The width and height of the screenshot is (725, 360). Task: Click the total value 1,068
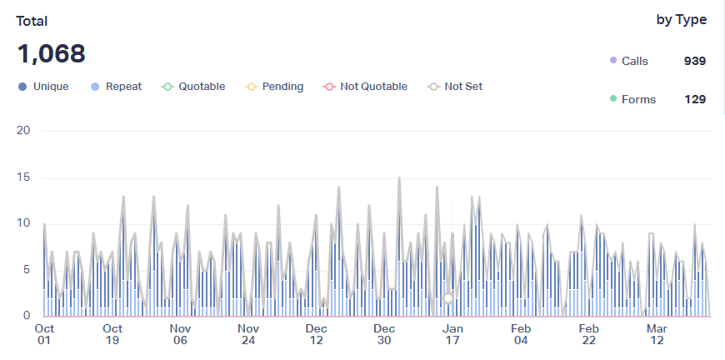click(x=51, y=54)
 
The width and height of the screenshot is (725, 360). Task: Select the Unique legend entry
click(x=43, y=87)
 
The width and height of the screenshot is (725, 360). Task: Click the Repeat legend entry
click(x=116, y=87)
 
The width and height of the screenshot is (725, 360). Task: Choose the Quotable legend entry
click(x=193, y=87)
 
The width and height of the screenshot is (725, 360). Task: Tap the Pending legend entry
click(x=274, y=87)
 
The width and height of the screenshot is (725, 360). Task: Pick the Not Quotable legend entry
click(x=365, y=87)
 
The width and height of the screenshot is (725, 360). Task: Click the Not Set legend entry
click(x=455, y=87)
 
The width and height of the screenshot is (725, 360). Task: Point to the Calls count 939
click(x=694, y=61)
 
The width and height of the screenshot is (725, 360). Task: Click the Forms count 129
click(x=694, y=99)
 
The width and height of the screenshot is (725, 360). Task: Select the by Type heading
click(x=681, y=20)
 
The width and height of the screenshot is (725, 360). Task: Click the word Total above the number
click(x=32, y=22)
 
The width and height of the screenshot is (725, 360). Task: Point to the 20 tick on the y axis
click(x=23, y=131)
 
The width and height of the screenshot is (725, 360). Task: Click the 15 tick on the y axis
click(x=23, y=177)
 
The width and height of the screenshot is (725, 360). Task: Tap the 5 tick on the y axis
click(x=27, y=270)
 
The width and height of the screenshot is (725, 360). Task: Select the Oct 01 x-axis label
click(x=44, y=334)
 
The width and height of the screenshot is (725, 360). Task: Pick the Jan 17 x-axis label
click(x=452, y=334)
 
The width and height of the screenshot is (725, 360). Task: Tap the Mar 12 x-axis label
click(x=657, y=334)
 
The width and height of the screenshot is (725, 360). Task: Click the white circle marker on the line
click(x=448, y=298)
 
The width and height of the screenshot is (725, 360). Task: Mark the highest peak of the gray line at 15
click(x=399, y=177)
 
